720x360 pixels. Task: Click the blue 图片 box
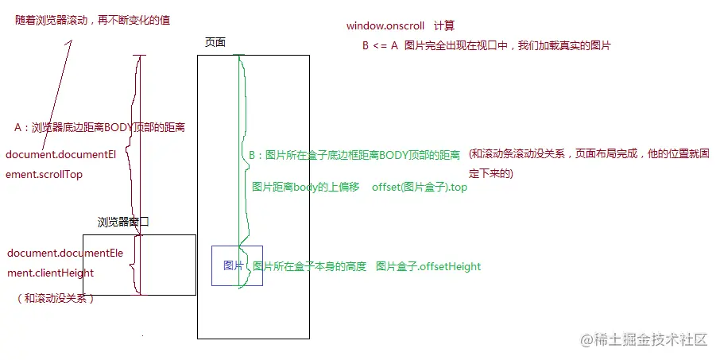[237, 265]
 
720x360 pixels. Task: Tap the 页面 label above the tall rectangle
[215, 42]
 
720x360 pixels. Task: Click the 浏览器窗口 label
[123, 223]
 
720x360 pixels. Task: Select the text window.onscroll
[384, 26]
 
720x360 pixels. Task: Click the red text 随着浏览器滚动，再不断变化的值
[92, 20]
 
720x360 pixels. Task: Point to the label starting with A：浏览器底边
[99, 127]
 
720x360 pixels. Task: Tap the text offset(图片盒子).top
[420, 187]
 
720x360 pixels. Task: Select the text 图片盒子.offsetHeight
[428, 266]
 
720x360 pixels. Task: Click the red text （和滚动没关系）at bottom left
[56, 299]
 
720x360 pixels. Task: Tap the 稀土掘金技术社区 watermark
[644, 340]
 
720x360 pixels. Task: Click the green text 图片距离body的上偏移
[306, 187]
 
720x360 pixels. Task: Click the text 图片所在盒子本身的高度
[310, 266]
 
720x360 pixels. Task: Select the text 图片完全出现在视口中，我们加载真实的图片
[507, 46]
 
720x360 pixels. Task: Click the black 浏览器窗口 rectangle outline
[139, 235]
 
